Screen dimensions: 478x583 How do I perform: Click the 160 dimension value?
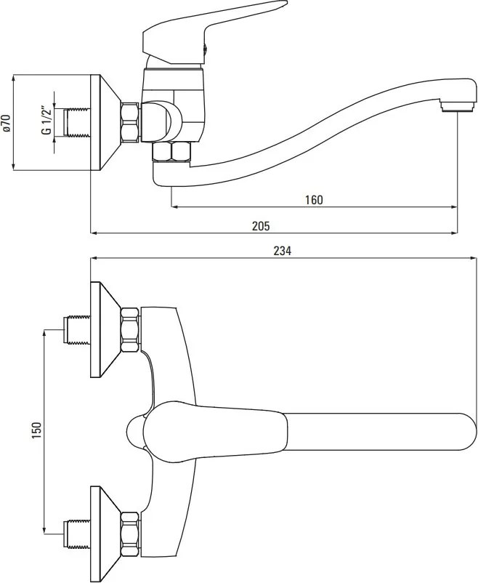[314, 200]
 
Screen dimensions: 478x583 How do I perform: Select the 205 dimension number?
[262, 225]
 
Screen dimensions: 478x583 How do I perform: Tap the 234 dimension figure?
[283, 251]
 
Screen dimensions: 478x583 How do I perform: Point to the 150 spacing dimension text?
[36, 430]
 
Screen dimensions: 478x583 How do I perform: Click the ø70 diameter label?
[6, 123]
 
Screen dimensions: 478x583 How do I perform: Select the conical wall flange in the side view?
[106, 123]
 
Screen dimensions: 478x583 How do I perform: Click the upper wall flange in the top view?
[106, 329]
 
